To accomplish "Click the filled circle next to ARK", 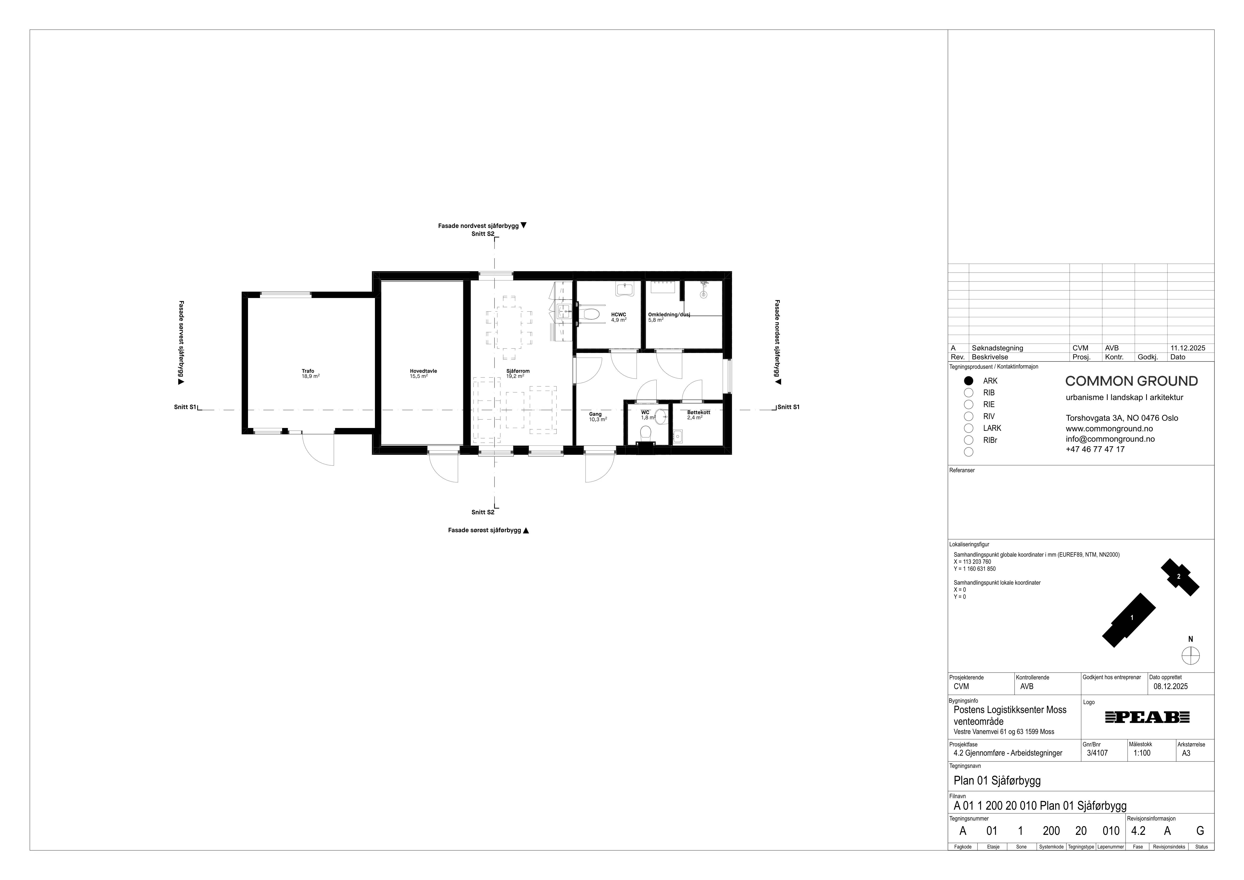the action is pos(969,381).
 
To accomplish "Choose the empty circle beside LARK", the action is pos(969,428).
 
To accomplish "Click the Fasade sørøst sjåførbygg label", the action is pos(484,531).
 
